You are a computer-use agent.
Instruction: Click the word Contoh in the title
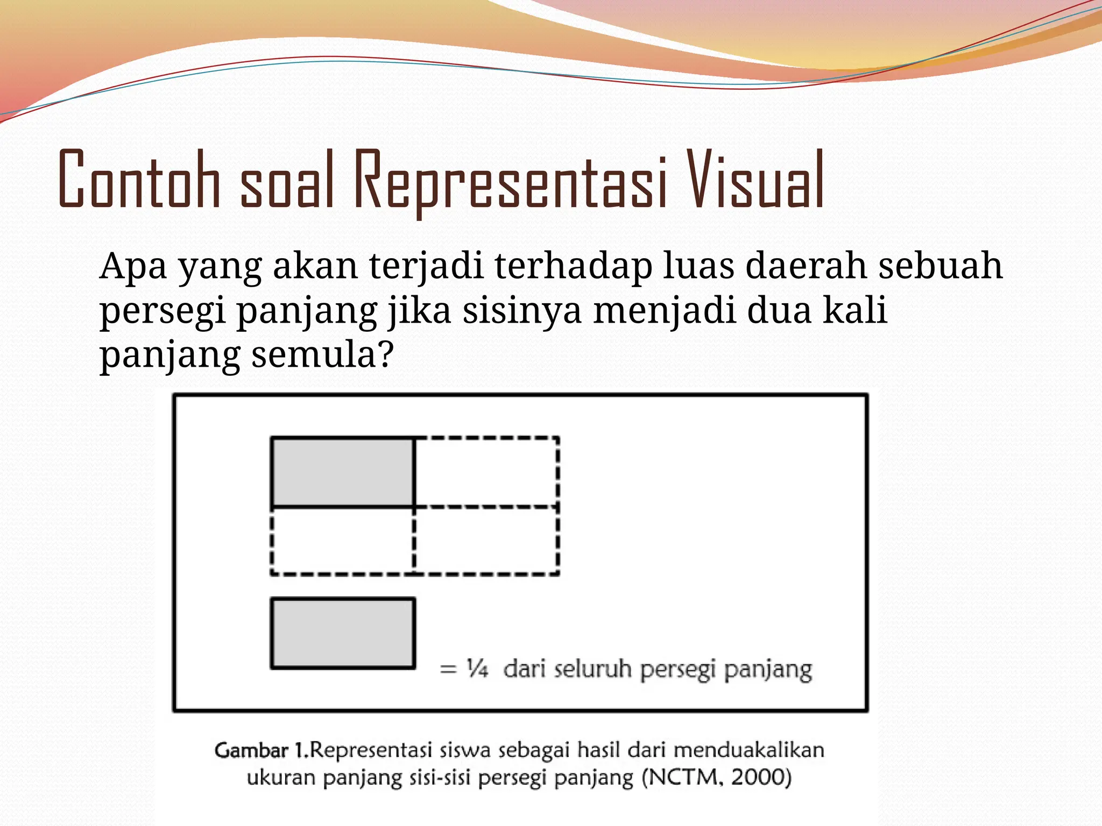(139, 180)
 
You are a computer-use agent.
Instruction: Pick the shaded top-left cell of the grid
(343, 472)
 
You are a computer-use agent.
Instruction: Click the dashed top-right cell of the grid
(486, 472)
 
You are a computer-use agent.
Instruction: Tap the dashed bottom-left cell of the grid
(343, 540)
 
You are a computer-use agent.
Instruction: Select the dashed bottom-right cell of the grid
(486, 540)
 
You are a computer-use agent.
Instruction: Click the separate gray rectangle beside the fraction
(343, 633)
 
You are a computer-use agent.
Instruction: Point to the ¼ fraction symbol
(477, 669)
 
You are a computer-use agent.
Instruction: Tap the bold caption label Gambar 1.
(261, 750)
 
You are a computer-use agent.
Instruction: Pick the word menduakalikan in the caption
(748, 750)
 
